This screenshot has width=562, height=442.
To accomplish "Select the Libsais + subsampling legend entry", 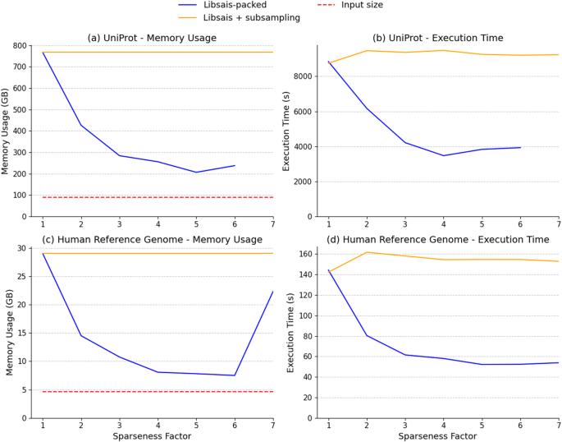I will click(x=249, y=17).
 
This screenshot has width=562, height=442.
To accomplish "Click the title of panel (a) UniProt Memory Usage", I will click(x=152, y=38).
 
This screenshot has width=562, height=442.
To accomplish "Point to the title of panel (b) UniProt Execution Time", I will click(x=437, y=38).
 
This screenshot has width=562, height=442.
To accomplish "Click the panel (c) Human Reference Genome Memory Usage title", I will click(x=152, y=239).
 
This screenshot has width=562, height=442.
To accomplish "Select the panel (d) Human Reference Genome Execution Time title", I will click(x=437, y=239).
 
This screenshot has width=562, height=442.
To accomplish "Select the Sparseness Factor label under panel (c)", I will click(x=152, y=436).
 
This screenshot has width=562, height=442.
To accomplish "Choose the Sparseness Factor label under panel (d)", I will click(x=437, y=436).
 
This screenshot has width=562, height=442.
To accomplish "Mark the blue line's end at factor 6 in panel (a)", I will click(x=235, y=165).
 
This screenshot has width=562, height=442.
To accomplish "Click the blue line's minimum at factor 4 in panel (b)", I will click(x=444, y=155).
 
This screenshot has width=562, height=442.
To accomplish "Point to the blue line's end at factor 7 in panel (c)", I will click(x=273, y=292).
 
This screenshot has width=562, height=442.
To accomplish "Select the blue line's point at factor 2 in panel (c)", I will click(x=81, y=335).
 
